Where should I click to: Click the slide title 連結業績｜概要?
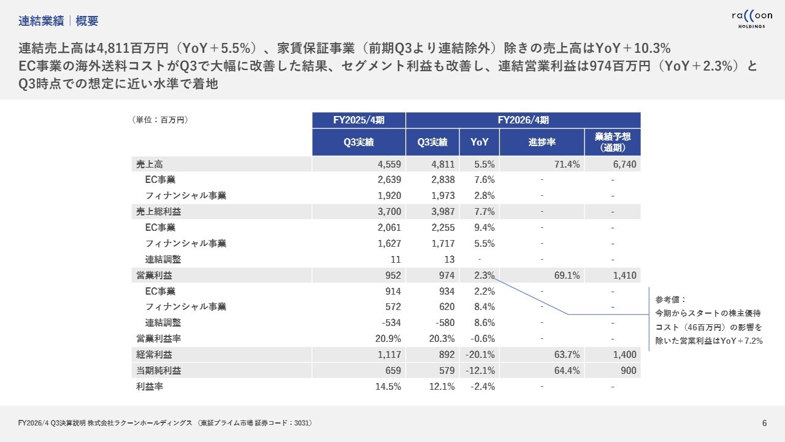click(x=58, y=21)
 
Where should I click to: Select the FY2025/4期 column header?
click(x=359, y=120)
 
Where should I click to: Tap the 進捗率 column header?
click(x=542, y=142)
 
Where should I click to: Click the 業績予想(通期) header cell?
click(x=613, y=142)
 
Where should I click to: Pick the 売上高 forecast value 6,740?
click(x=624, y=164)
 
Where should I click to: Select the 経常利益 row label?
click(x=154, y=355)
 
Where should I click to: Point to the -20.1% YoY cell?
click(x=482, y=355)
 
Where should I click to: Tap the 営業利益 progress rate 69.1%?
click(x=567, y=276)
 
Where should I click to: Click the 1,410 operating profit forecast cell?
click(x=624, y=276)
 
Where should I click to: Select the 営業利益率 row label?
click(x=158, y=339)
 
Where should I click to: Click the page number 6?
click(x=764, y=423)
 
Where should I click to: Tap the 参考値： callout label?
click(x=671, y=300)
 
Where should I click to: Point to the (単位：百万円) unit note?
click(x=160, y=120)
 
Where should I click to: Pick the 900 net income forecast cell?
click(x=629, y=371)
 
